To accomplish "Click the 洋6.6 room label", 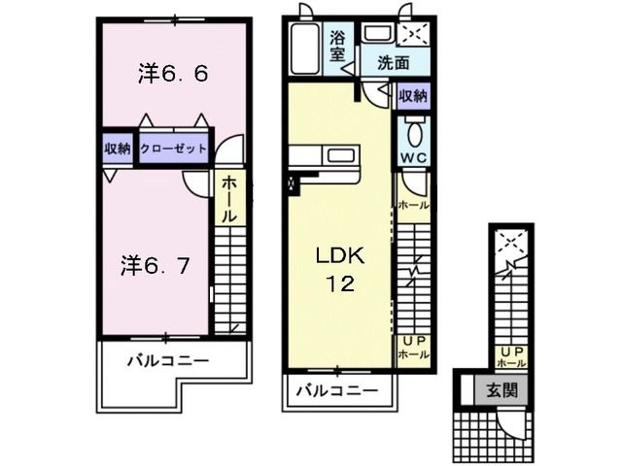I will pos(174,74).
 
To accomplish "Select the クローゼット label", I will pos(173,150).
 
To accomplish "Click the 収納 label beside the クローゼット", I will pos(118,150).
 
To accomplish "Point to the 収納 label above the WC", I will pos(414,96).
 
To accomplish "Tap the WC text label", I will pos(413,158).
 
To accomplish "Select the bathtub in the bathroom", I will pos(303,49).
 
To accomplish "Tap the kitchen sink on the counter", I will pos(341,155).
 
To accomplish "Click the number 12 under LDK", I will pos(339,284).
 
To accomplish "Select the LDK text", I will pos(338,256).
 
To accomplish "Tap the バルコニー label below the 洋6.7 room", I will pos(167,360).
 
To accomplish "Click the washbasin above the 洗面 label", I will pos(375,33).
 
